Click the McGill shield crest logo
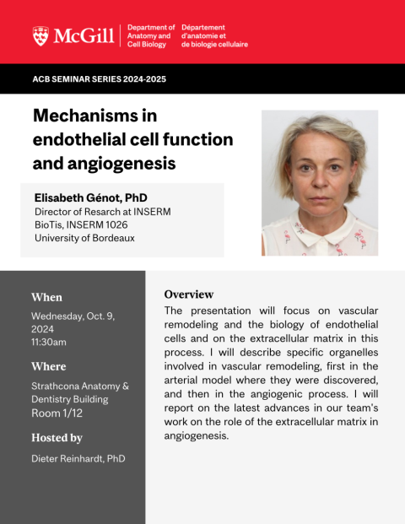[x=40, y=36]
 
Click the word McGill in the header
[x=84, y=35]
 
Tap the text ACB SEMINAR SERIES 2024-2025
[x=100, y=79]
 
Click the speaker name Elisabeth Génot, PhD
[x=91, y=197]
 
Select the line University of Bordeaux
[x=84, y=238]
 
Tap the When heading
[x=46, y=297]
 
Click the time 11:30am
[x=49, y=343]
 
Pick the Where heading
[x=49, y=366]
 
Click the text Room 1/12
[x=57, y=413]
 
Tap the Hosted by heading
[x=57, y=438]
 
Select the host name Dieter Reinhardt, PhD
[x=78, y=458]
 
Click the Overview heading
[x=189, y=294]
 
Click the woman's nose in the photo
[x=320, y=181]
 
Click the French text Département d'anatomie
[x=203, y=31]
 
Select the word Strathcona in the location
[x=55, y=386]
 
